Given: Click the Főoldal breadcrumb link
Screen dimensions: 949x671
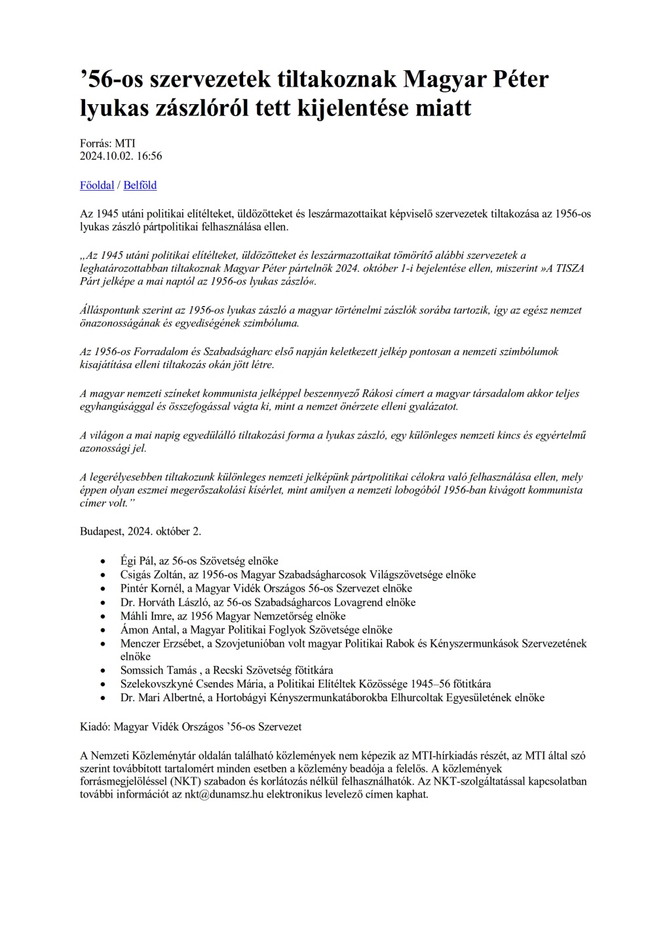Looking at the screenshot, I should (97, 185).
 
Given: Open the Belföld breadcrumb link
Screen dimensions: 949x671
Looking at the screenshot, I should (140, 185).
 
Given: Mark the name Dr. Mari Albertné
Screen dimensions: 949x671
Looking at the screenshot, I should (160, 697).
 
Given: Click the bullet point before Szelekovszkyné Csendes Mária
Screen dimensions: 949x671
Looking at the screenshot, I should (102, 684).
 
